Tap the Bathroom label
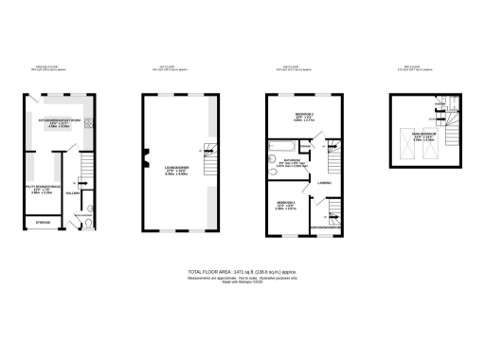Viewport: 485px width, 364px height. click(290, 162)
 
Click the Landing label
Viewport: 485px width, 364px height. click(324, 181)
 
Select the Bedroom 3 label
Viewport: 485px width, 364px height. click(287, 206)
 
